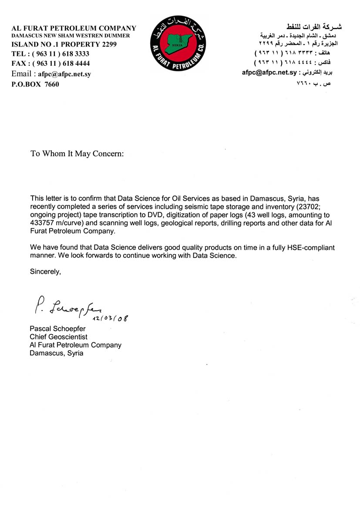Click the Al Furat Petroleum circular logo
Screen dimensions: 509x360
tap(179, 43)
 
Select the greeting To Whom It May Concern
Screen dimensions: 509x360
tap(77, 154)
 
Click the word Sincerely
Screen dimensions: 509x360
tap(45, 271)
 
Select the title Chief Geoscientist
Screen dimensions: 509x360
tap(58, 337)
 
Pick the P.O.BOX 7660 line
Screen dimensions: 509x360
tap(35, 84)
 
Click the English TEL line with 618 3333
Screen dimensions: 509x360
tap(50, 54)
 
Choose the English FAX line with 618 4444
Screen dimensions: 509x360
tap(50, 63)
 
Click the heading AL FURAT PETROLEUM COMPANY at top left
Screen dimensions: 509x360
tap(74, 28)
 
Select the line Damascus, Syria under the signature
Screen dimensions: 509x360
tap(56, 353)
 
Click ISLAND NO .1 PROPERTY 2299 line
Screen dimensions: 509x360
tap(64, 44)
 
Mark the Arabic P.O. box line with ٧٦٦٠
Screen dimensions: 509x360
tap(313, 83)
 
